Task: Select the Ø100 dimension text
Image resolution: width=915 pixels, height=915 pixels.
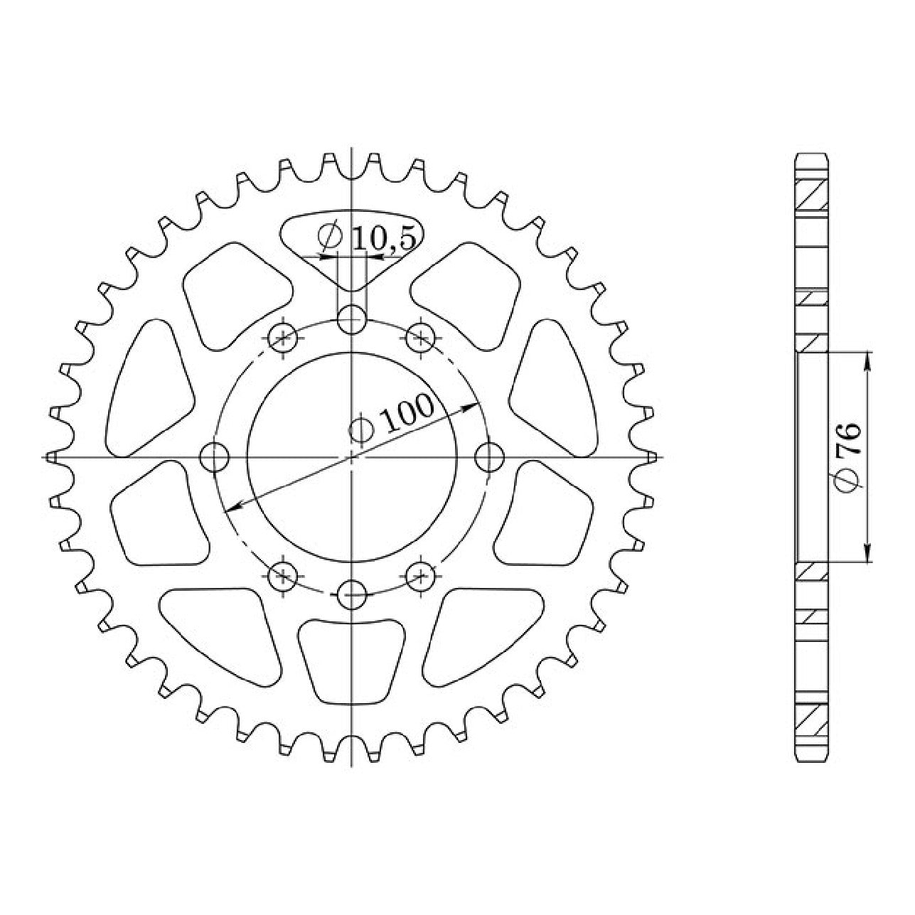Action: click(x=392, y=417)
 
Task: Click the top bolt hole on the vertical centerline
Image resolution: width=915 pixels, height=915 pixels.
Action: click(x=352, y=320)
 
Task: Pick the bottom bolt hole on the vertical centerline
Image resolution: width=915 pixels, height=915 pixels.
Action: click(x=352, y=594)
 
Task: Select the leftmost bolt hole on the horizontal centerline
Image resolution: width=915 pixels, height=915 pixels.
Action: click(x=214, y=456)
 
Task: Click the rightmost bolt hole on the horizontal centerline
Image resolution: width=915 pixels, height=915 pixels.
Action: click(x=490, y=456)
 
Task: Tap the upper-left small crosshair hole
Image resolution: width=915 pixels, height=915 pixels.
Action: click(x=282, y=338)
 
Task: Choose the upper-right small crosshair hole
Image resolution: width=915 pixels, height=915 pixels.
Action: click(x=421, y=338)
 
